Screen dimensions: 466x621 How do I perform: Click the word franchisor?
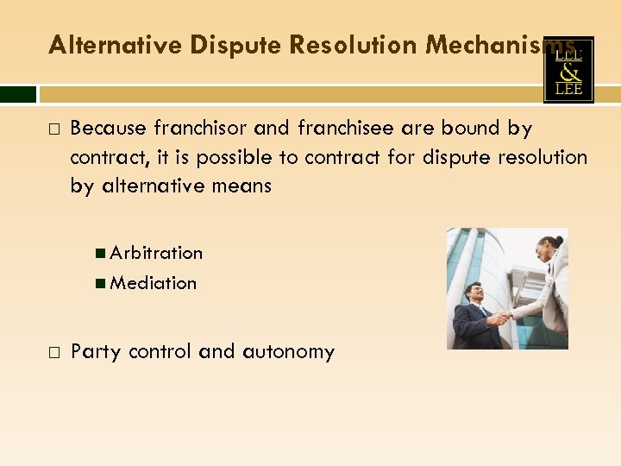pos(199,129)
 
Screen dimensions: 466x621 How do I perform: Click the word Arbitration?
pos(156,253)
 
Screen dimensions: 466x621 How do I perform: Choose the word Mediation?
pos(154,282)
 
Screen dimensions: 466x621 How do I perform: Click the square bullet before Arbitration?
pos(102,253)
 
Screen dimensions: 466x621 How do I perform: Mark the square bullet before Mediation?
pos(102,282)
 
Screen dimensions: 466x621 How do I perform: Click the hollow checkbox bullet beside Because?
pos(54,129)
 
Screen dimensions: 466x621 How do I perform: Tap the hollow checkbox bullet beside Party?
pos(54,352)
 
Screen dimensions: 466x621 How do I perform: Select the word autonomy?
pos(288,352)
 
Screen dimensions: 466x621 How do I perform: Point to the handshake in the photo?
pos(499,318)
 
